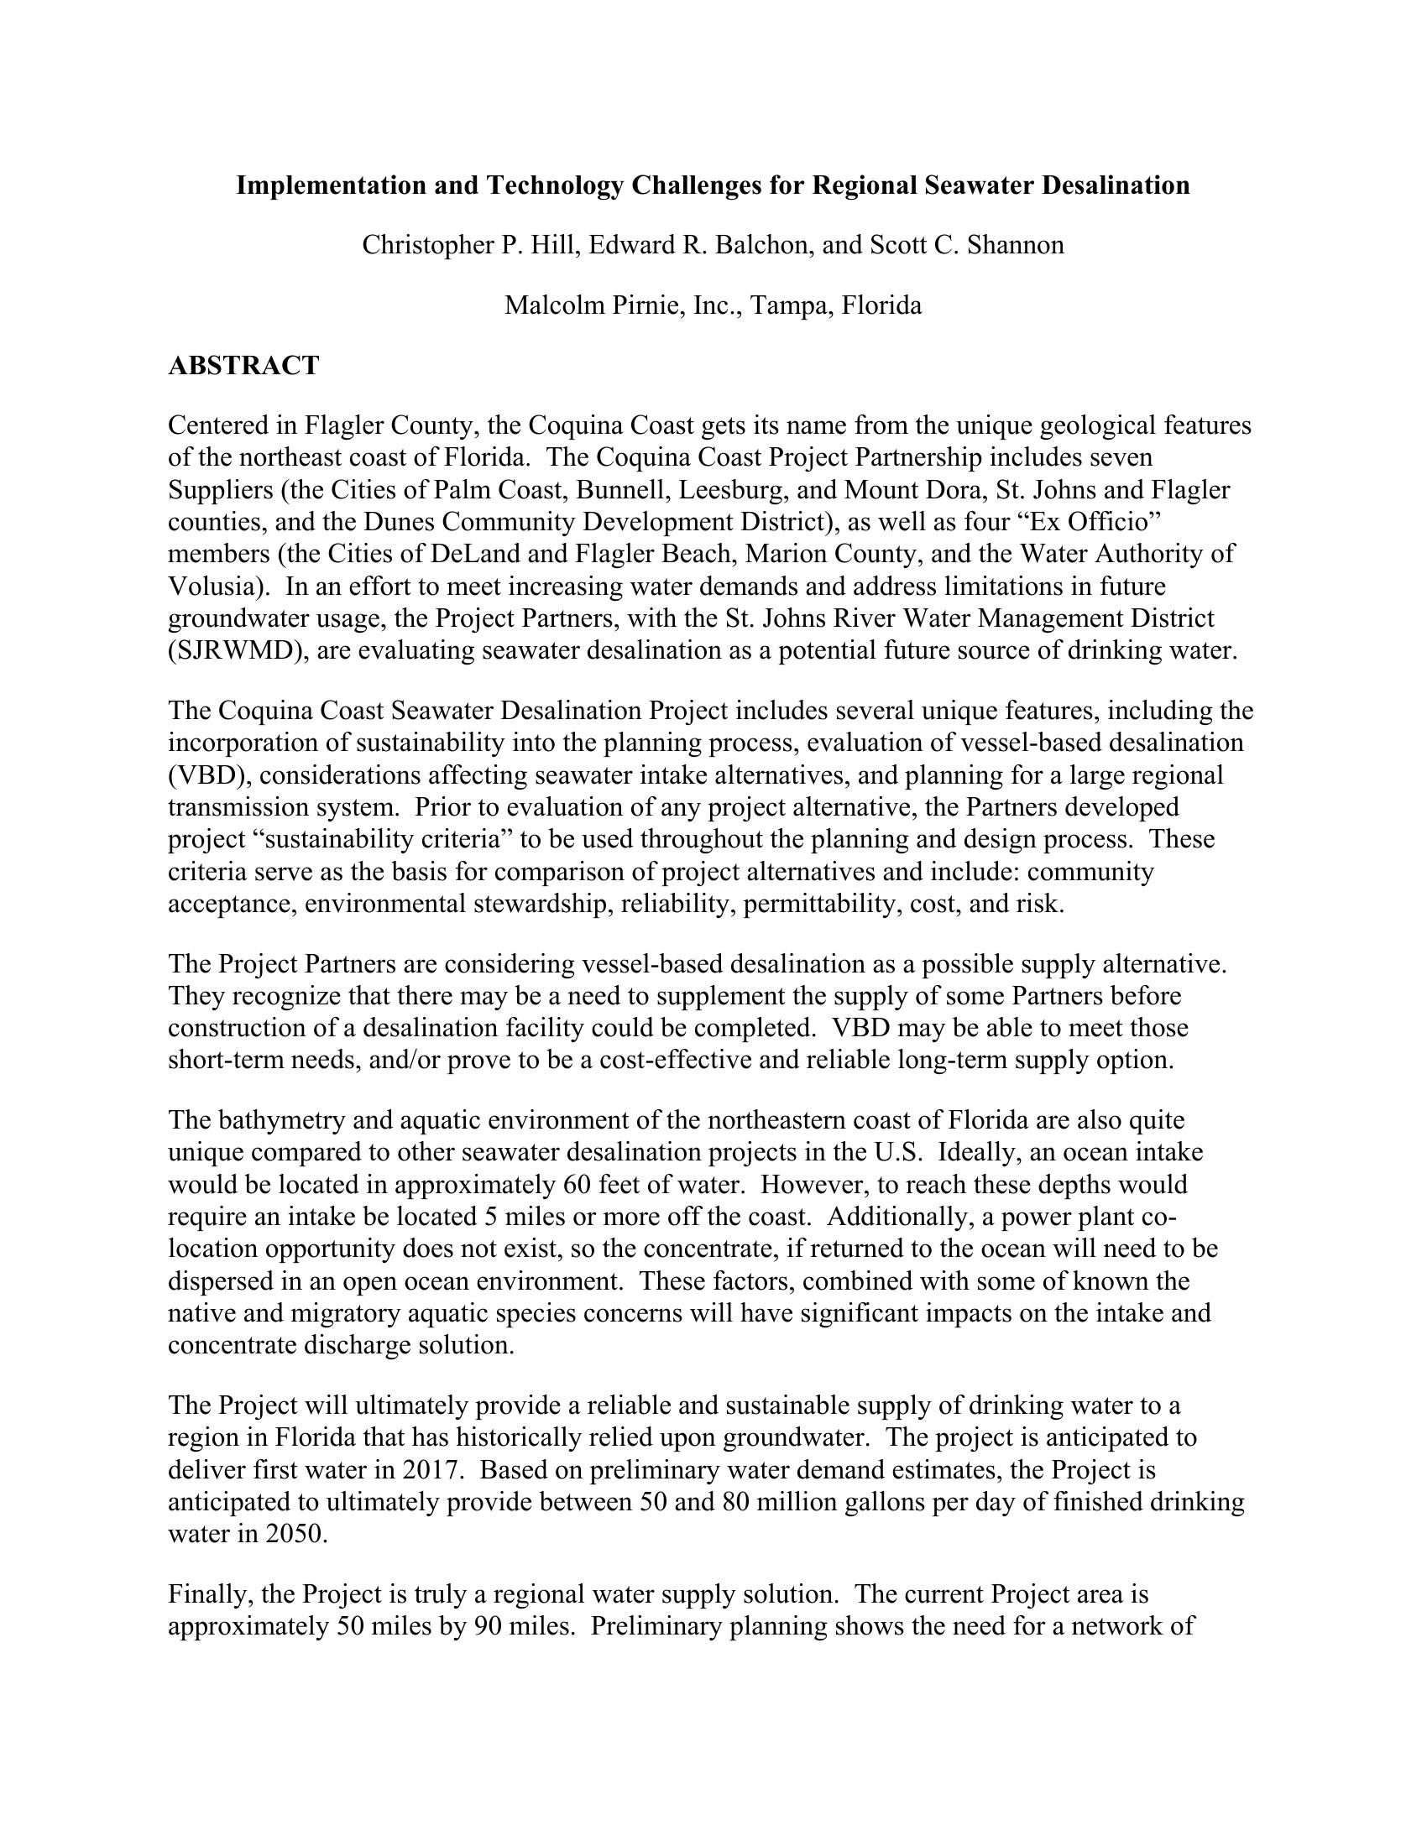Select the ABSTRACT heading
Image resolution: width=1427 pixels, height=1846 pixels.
(x=243, y=366)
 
